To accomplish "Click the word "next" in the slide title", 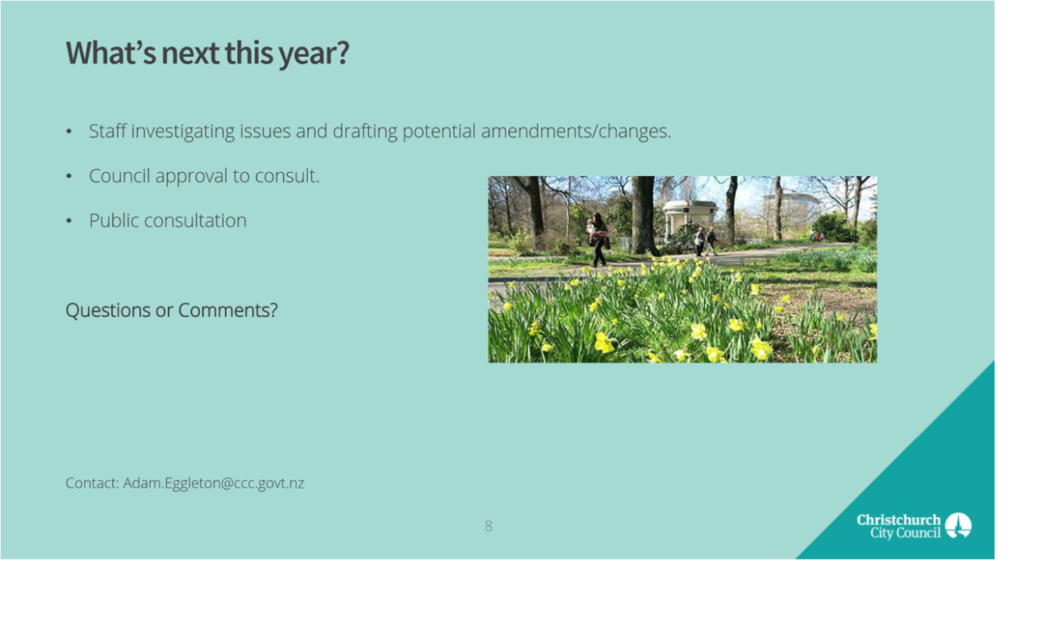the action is [x=190, y=53].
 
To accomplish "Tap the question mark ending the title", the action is [x=343, y=53].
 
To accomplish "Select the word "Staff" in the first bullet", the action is [x=107, y=131].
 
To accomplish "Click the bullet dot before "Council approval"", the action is [x=69, y=177].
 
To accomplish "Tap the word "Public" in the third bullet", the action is [x=114, y=221].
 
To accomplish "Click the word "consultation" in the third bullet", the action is [x=195, y=221].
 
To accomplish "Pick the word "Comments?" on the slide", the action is [x=228, y=310].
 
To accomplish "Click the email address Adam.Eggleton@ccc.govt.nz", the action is [x=214, y=483].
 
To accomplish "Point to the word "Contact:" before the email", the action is [x=93, y=483].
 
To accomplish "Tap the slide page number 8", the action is [x=488, y=526].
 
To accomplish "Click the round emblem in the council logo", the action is [x=959, y=526].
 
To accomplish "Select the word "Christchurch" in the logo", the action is [x=899, y=519].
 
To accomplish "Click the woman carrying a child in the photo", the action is [x=598, y=240].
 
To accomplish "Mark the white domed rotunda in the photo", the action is [x=690, y=219].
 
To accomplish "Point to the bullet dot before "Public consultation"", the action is [x=69, y=221].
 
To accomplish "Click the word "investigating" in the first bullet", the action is [x=183, y=132].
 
